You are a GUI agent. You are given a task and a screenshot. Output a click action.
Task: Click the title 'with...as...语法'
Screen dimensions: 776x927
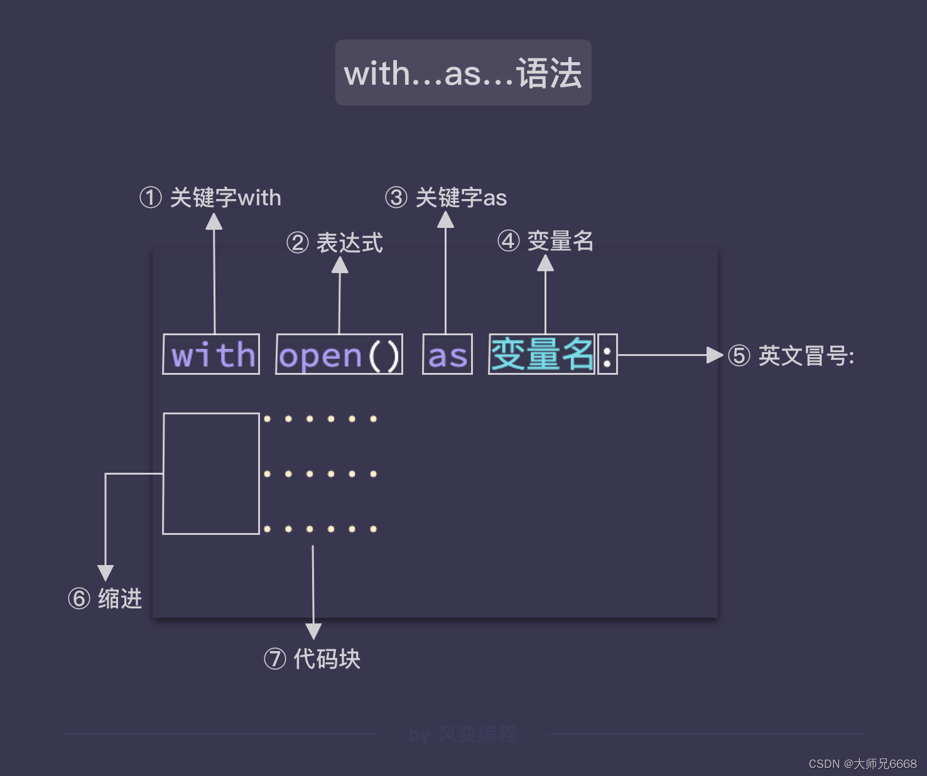pyautogui.click(x=463, y=73)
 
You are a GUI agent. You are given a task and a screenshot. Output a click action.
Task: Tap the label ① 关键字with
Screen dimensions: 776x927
pyautogui.click(x=210, y=198)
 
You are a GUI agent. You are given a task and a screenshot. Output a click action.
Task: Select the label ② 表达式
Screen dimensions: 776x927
pyautogui.click(x=334, y=243)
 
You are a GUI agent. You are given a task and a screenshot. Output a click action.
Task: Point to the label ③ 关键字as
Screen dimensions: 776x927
pyautogui.click(x=445, y=198)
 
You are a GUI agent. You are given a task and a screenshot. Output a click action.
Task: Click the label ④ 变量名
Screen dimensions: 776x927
pyautogui.click(x=545, y=241)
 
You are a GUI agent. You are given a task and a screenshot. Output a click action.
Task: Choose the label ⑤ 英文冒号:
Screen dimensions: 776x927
pyautogui.click(x=791, y=356)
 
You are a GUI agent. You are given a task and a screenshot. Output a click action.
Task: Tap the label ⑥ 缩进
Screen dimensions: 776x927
pyautogui.click(x=105, y=598)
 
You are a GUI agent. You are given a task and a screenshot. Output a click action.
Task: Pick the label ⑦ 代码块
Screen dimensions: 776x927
pyautogui.click(x=312, y=659)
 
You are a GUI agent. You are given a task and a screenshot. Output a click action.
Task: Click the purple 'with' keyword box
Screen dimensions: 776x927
pyautogui.click(x=211, y=355)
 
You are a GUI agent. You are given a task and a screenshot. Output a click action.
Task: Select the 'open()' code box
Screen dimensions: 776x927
pyautogui.click(x=339, y=355)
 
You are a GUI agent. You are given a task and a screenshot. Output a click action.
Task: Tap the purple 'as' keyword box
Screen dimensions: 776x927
pyautogui.click(x=447, y=355)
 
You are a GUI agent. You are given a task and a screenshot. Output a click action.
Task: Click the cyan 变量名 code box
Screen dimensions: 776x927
pyautogui.click(x=541, y=355)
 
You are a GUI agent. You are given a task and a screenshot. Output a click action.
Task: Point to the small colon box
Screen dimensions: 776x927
pyautogui.click(x=607, y=355)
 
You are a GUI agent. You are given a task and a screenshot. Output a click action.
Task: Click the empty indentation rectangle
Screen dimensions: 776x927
pyautogui.click(x=211, y=473)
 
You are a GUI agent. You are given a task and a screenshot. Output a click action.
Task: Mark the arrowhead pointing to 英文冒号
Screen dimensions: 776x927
pyautogui.click(x=715, y=355)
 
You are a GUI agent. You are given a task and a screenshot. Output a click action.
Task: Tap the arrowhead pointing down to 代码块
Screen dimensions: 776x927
pyautogui.click(x=313, y=630)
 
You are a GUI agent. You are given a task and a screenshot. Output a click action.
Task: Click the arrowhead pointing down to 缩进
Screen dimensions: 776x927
pyautogui.click(x=106, y=572)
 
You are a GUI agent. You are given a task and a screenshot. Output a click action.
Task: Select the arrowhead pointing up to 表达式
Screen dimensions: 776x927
pyautogui.click(x=340, y=266)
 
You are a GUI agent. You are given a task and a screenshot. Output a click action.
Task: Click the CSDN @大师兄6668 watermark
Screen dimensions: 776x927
pyautogui.click(x=862, y=763)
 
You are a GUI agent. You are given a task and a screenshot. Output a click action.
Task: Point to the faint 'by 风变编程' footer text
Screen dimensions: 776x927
pyautogui.click(x=462, y=734)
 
